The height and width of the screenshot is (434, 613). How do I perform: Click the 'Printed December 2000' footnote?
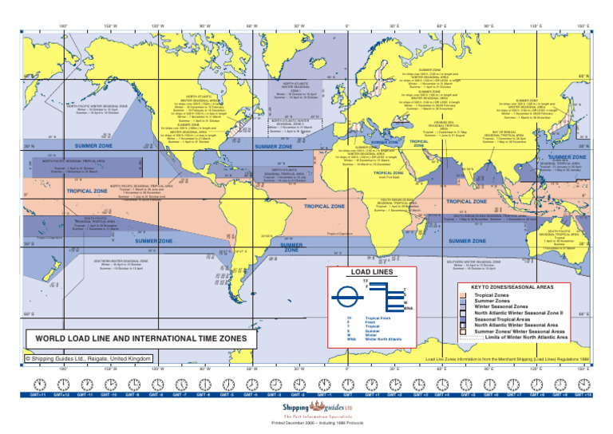(306, 422)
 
